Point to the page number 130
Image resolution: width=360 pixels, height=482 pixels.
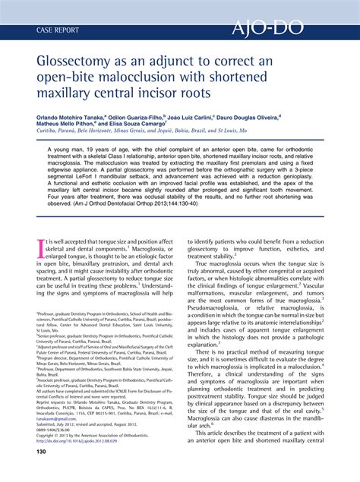tap(44, 473)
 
